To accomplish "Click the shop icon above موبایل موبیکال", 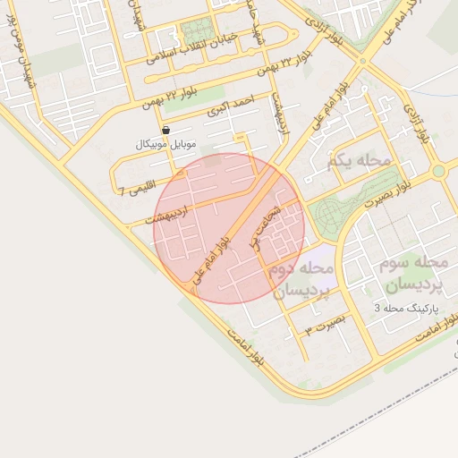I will [166, 131].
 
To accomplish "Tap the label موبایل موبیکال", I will [166, 144].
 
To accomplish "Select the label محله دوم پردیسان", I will [303, 279].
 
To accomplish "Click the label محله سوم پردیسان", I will [412, 274].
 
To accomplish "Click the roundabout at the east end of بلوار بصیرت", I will [438, 170].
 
